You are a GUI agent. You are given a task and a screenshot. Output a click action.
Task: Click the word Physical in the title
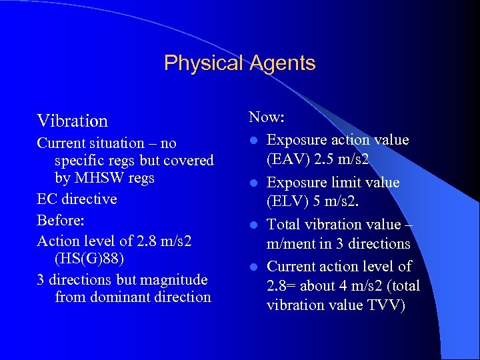(x=204, y=63)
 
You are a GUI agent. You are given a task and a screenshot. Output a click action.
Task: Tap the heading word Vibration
(x=72, y=121)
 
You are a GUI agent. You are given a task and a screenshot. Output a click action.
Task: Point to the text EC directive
(x=77, y=199)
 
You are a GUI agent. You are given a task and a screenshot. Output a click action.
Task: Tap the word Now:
(x=267, y=117)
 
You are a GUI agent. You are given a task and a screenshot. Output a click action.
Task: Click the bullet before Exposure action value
(x=254, y=141)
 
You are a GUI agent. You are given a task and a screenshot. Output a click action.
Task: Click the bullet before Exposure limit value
(x=254, y=183)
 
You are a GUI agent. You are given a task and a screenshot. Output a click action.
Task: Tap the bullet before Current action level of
(x=254, y=267)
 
